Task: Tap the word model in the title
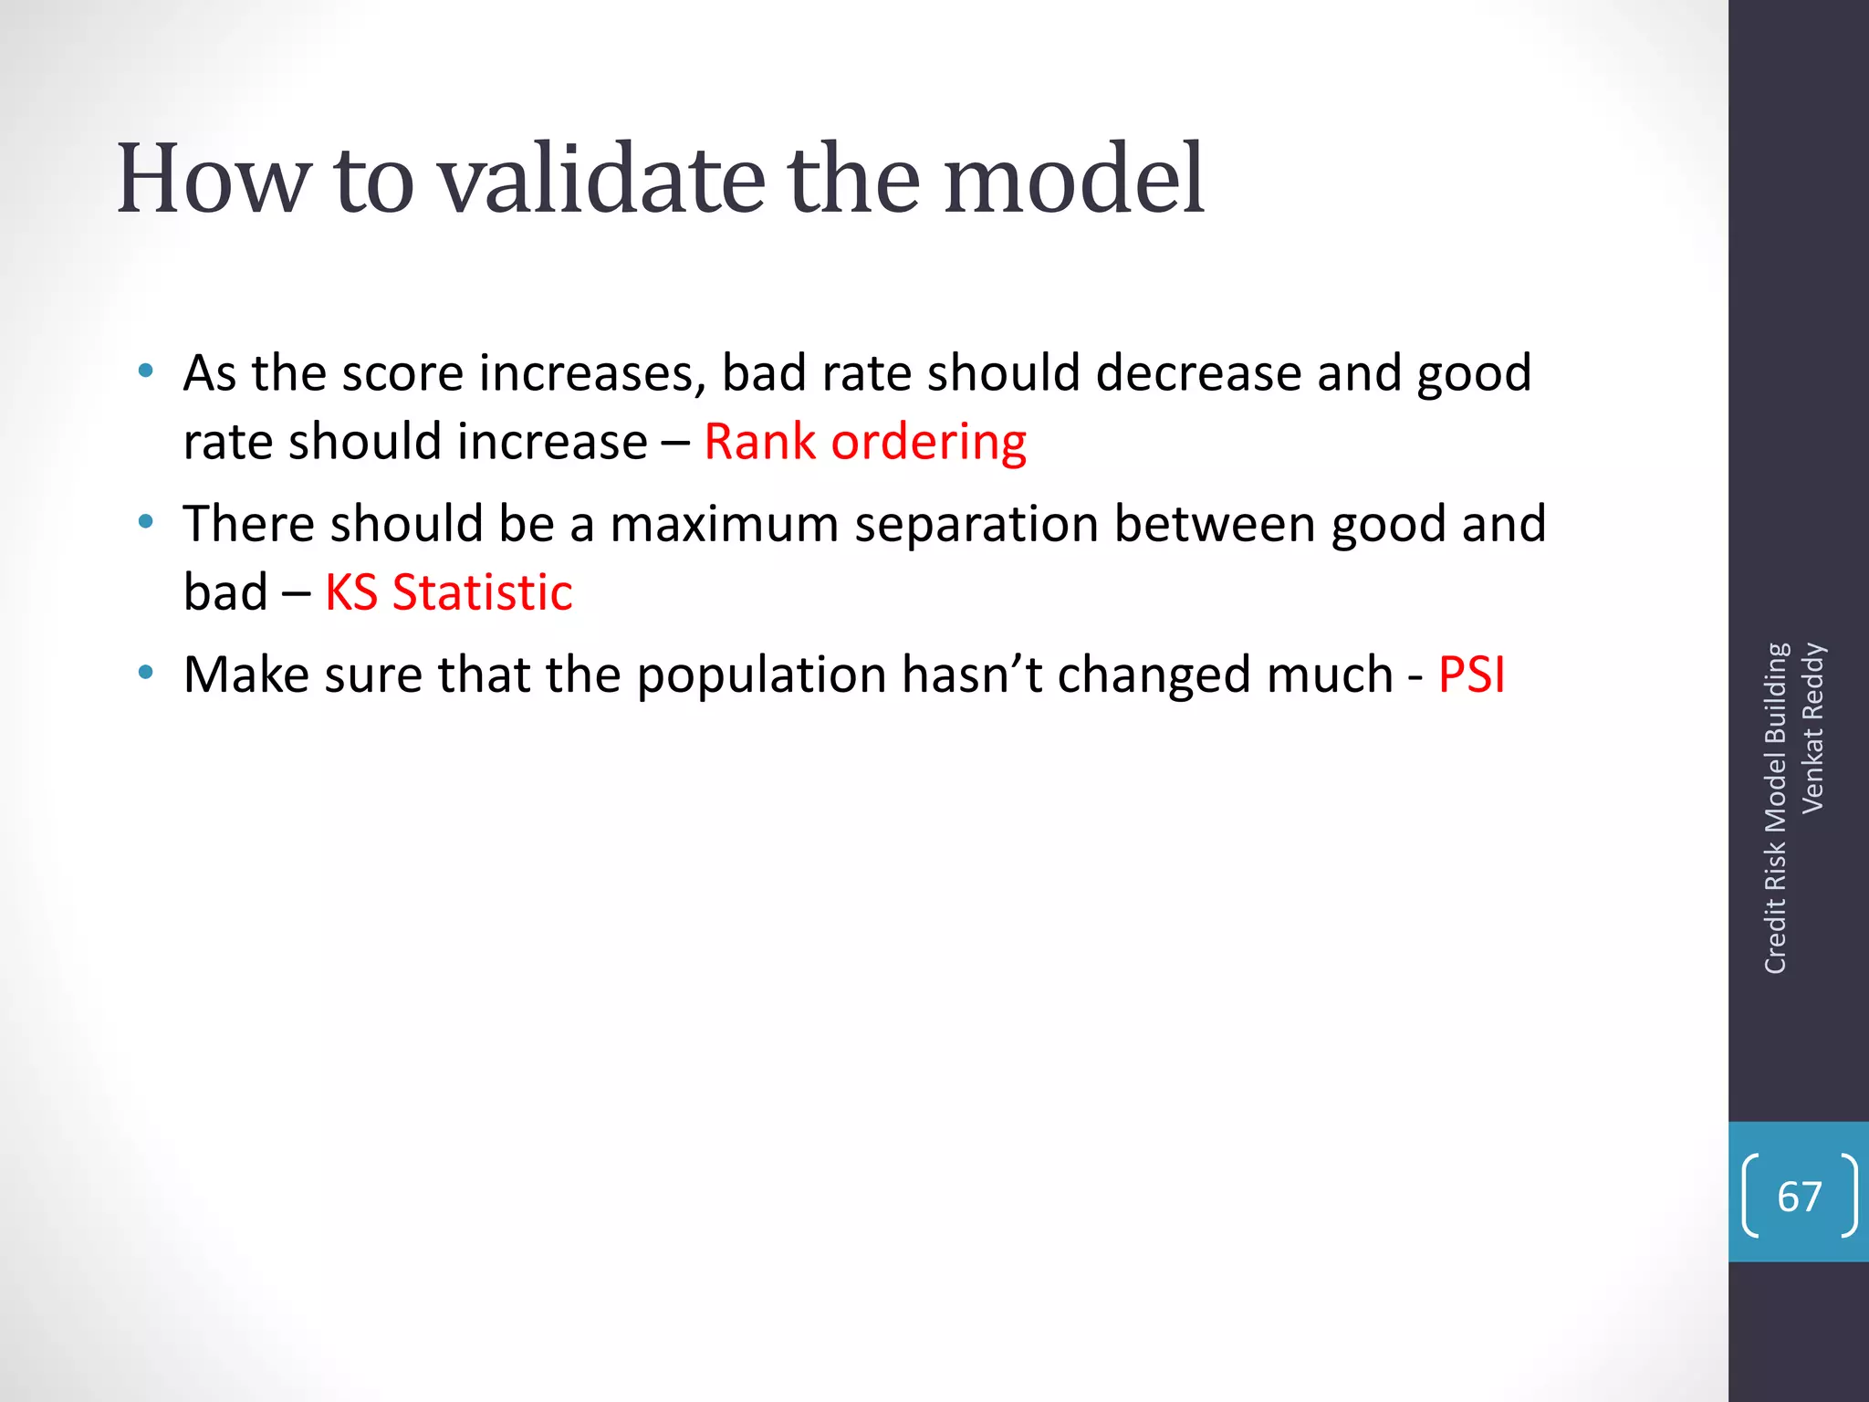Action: click(1074, 180)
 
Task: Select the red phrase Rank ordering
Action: click(865, 443)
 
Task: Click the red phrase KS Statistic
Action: click(448, 593)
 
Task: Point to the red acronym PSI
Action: click(1471, 675)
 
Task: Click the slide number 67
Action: click(1799, 1197)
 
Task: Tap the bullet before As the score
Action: click(145, 371)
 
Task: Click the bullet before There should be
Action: click(145, 522)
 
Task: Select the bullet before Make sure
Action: click(145, 674)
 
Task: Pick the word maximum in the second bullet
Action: click(724, 525)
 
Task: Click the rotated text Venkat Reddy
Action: click(1812, 727)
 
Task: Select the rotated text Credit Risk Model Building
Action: click(1775, 808)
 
